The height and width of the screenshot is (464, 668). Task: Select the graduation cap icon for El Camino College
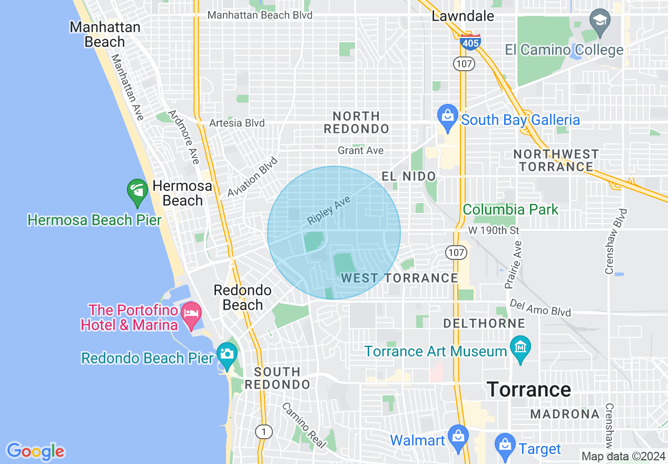click(x=600, y=23)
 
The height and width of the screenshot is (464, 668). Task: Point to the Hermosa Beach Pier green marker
click(x=137, y=193)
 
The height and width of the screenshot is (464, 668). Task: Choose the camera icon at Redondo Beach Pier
click(x=227, y=352)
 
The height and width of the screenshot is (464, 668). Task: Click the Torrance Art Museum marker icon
click(x=520, y=349)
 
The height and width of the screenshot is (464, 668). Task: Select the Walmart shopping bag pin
click(x=458, y=437)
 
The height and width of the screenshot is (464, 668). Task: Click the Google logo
click(x=35, y=452)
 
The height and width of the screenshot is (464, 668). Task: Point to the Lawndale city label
click(x=463, y=16)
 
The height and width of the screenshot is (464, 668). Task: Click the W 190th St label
click(x=494, y=231)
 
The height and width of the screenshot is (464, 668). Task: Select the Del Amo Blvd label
click(x=540, y=308)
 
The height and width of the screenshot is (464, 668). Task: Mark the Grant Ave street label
click(x=361, y=151)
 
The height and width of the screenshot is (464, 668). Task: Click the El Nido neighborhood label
click(x=409, y=177)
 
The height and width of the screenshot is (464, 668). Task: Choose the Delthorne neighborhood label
click(x=484, y=323)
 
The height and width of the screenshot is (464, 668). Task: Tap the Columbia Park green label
click(x=510, y=209)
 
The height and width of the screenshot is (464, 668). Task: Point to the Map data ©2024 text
click(x=623, y=456)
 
